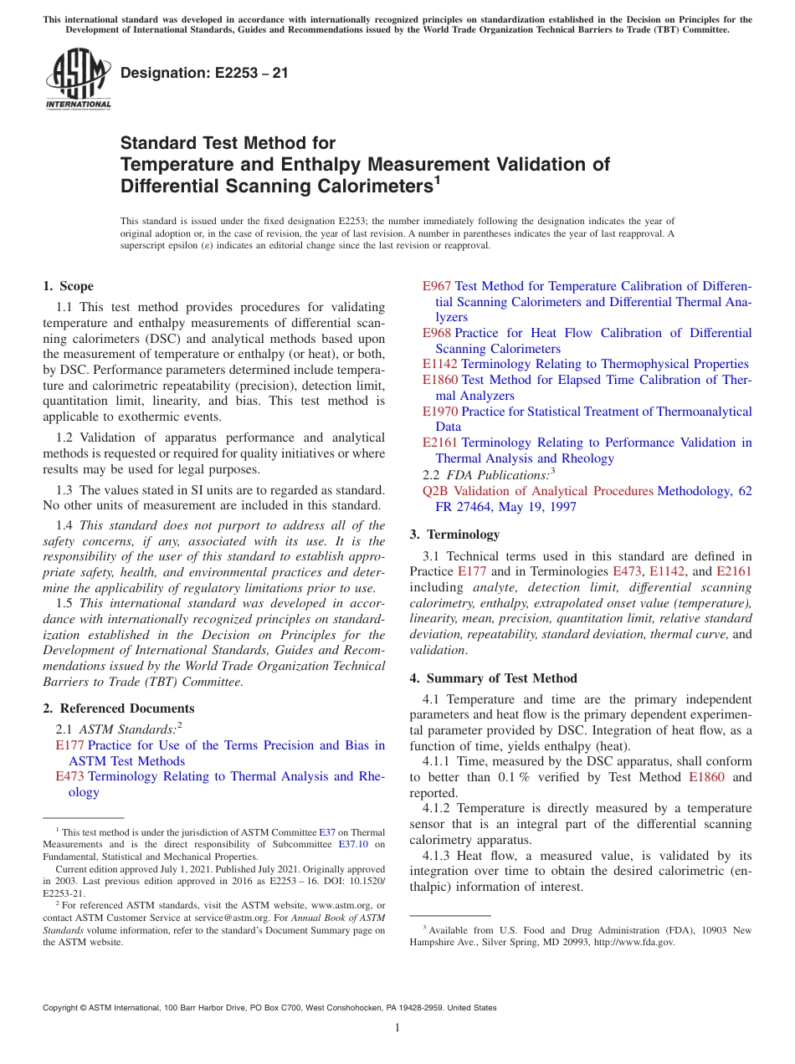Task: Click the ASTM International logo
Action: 77,79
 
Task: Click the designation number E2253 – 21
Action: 204,73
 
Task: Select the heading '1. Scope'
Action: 68,286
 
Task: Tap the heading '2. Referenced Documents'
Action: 118,708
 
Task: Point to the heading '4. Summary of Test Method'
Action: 493,678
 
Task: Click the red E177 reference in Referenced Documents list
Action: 69,745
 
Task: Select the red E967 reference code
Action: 437,286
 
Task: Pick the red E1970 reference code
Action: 440,412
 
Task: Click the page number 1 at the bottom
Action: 397,1028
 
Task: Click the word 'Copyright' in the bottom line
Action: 64,1008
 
